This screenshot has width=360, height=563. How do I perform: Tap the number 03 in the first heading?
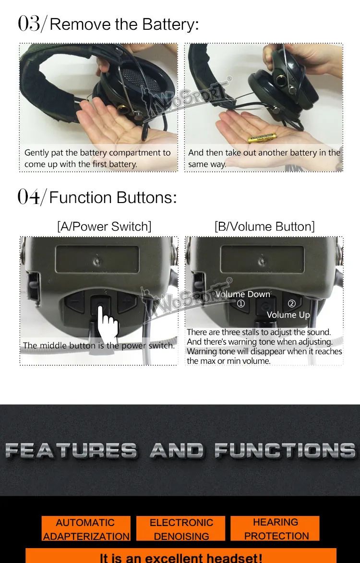(29, 24)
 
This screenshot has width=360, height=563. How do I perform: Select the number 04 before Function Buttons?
(29, 197)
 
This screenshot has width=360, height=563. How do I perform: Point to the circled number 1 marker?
(241, 304)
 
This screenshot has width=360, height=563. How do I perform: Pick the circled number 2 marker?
(291, 304)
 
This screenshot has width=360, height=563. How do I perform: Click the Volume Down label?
(242, 294)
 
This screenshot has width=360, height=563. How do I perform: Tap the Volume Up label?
(288, 315)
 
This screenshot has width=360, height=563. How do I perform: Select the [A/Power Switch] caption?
(104, 227)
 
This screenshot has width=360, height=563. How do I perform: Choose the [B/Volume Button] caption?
(264, 227)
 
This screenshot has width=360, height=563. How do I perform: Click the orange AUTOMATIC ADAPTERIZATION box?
(86, 528)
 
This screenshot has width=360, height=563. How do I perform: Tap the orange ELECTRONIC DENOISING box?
(181, 528)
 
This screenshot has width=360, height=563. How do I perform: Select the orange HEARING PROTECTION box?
(275, 528)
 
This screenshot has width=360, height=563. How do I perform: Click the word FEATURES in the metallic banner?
(71, 451)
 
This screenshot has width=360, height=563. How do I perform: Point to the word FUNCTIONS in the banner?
(285, 451)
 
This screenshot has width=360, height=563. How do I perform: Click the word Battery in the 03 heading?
(170, 24)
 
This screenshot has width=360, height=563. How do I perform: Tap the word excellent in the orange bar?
(184, 558)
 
